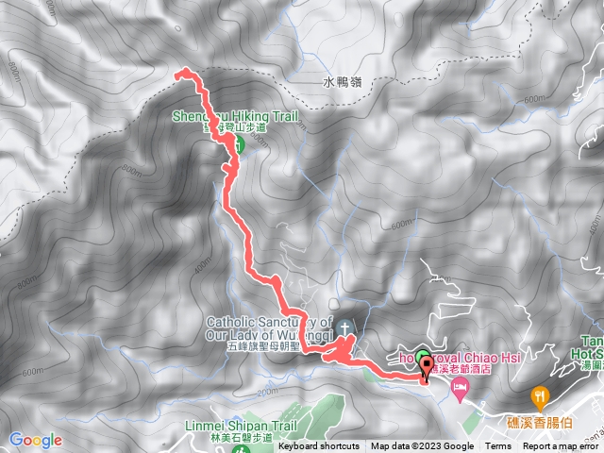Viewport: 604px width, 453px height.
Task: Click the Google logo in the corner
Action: (36, 440)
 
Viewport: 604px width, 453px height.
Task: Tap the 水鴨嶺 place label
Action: (343, 82)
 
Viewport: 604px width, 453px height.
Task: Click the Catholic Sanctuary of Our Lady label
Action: (267, 327)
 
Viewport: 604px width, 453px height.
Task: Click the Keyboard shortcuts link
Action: (318, 446)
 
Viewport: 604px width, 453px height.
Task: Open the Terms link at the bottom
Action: (497, 446)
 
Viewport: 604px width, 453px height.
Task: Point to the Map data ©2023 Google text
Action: (422, 446)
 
